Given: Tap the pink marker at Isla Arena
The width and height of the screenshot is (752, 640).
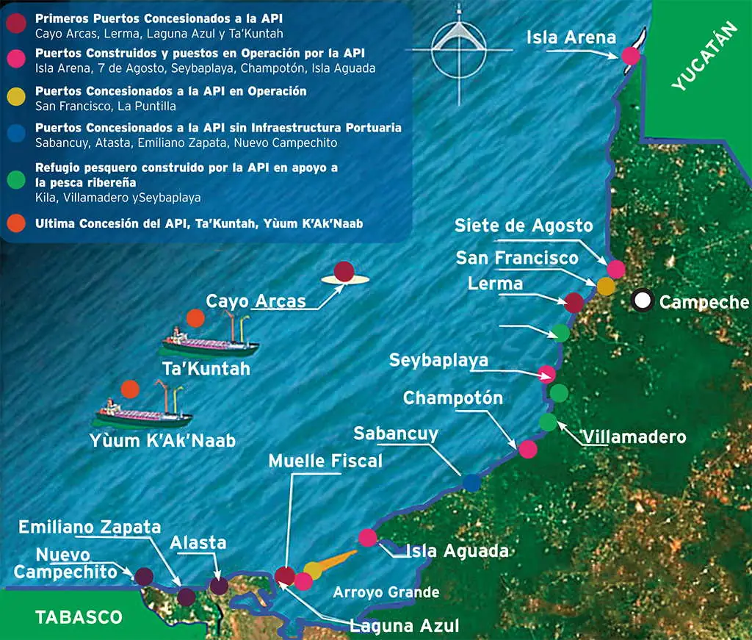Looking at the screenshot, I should pyautogui.click(x=630, y=55).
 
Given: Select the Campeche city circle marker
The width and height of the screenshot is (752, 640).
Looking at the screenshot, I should pyautogui.click(x=643, y=300).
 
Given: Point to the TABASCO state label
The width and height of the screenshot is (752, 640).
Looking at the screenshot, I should pyautogui.click(x=79, y=616).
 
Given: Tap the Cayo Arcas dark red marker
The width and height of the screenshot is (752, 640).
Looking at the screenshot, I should pyautogui.click(x=344, y=272).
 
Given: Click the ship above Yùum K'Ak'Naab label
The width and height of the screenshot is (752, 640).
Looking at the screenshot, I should pyautogui.click(x=143, y=411).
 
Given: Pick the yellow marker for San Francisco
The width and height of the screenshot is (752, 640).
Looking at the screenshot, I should pyautogui.click(x=605, y=286).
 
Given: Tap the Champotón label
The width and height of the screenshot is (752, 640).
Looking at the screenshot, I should pyautogui.click(x=453, y=398).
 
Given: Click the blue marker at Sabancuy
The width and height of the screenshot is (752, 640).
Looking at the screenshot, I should pyautogui.click(x=471, y=483).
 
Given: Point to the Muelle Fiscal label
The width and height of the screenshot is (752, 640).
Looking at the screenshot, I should pyautogui.click(x=325, y=461).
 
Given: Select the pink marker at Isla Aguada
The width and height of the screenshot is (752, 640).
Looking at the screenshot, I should pyautogui.click(x=368, y=538).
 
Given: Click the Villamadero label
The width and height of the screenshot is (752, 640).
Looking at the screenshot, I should pyautogui.click(x=634, y=437).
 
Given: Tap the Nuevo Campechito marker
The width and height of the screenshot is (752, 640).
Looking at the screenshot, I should pyautogui.click(x=144, y=577).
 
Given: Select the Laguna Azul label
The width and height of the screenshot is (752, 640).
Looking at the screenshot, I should pyautogui.click(x=405, y=626).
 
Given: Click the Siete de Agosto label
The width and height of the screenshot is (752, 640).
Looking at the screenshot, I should pyautogui.click(x=523, y=225).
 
